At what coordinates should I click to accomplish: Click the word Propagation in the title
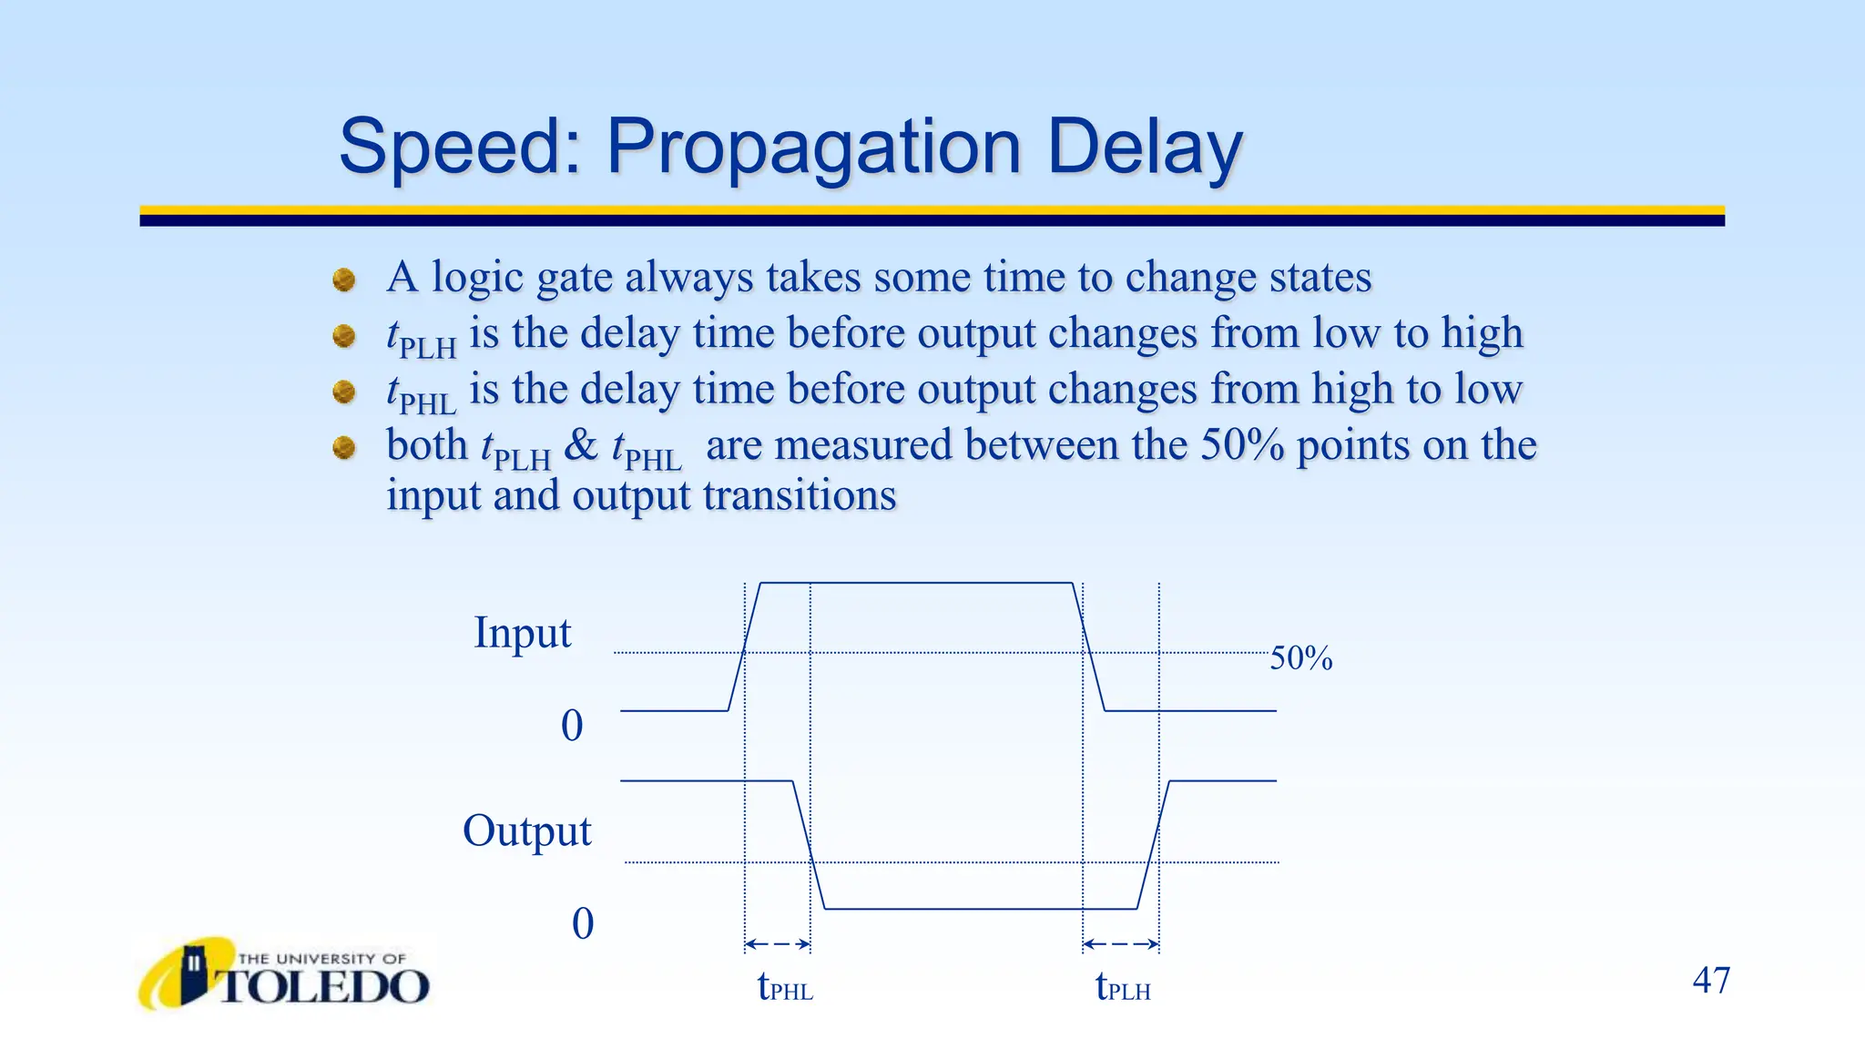point(813,148)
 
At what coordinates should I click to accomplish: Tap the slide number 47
point(1711,981)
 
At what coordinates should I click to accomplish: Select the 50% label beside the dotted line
point(1300,658)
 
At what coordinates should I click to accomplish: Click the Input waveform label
point(522,633)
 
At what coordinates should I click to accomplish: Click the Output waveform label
point(526,831)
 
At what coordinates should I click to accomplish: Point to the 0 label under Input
point(572,727)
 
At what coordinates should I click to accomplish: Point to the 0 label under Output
point(583,924)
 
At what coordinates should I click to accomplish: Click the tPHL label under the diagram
point(785,987)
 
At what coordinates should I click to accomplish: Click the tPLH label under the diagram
point(1123,987)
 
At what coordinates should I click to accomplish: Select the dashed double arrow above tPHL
point(778,944)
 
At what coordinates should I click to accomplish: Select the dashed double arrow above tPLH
point(1121,944)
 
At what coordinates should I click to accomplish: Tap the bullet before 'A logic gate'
point(344,280)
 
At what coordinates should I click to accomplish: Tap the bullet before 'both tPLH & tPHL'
point(344,448)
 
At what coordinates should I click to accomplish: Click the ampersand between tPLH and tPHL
point(581,446)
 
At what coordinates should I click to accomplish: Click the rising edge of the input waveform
point(745,647)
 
